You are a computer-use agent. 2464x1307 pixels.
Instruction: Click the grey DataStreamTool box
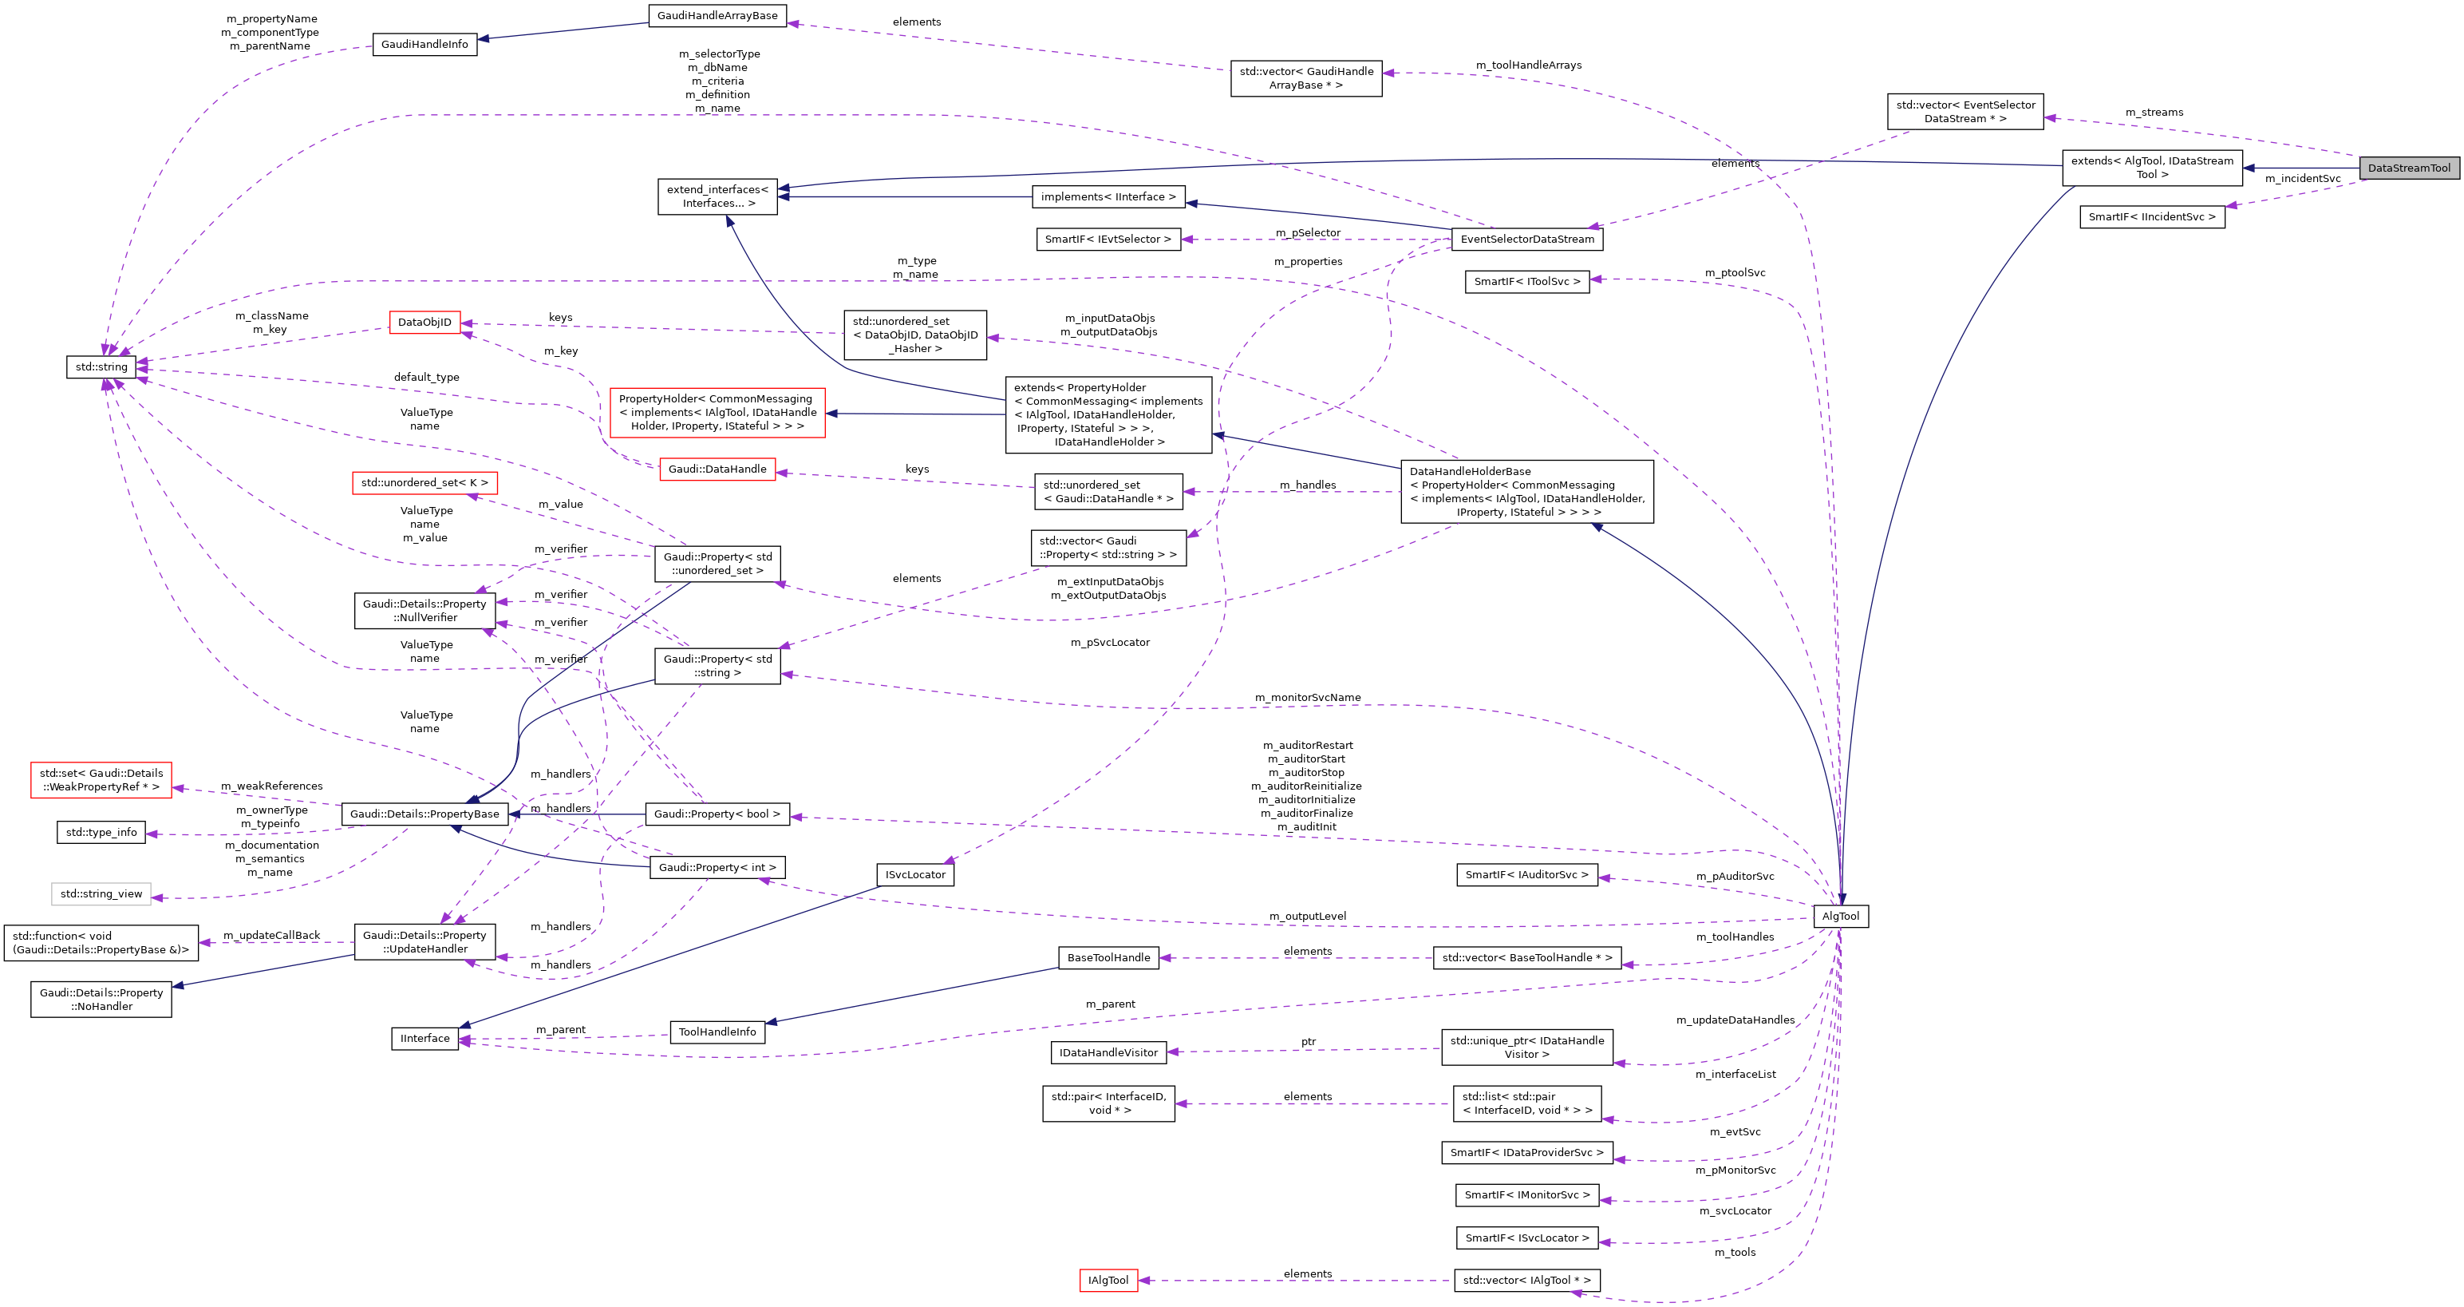2408,168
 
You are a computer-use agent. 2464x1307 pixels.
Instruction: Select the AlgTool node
1840,917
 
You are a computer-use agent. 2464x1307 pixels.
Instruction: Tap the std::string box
101,366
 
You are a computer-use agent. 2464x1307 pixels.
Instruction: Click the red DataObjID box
424,323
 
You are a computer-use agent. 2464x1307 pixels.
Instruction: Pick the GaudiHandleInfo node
424,44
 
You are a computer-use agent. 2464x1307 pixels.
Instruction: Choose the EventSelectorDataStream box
1526,240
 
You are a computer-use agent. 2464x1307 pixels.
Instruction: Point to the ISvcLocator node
914,874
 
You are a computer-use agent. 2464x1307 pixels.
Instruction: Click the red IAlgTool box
1108,1280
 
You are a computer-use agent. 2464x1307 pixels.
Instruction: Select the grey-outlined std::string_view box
101,893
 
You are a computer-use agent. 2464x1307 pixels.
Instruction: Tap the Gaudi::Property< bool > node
717,814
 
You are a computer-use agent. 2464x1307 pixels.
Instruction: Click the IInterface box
424,1038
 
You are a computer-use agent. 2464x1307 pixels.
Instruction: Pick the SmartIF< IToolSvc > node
1526,281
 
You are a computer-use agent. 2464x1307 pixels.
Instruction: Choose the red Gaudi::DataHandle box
717,469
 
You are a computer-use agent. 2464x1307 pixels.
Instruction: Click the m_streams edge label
2154,113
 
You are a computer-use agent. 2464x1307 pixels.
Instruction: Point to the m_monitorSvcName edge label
1308,698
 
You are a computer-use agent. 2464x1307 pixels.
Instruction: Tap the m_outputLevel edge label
1308,917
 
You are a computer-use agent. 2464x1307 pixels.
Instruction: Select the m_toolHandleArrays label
1529,65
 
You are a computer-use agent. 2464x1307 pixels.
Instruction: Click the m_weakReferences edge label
271,786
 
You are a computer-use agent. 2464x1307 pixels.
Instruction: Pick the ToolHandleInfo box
717,1032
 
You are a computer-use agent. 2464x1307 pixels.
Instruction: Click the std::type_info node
101,833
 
